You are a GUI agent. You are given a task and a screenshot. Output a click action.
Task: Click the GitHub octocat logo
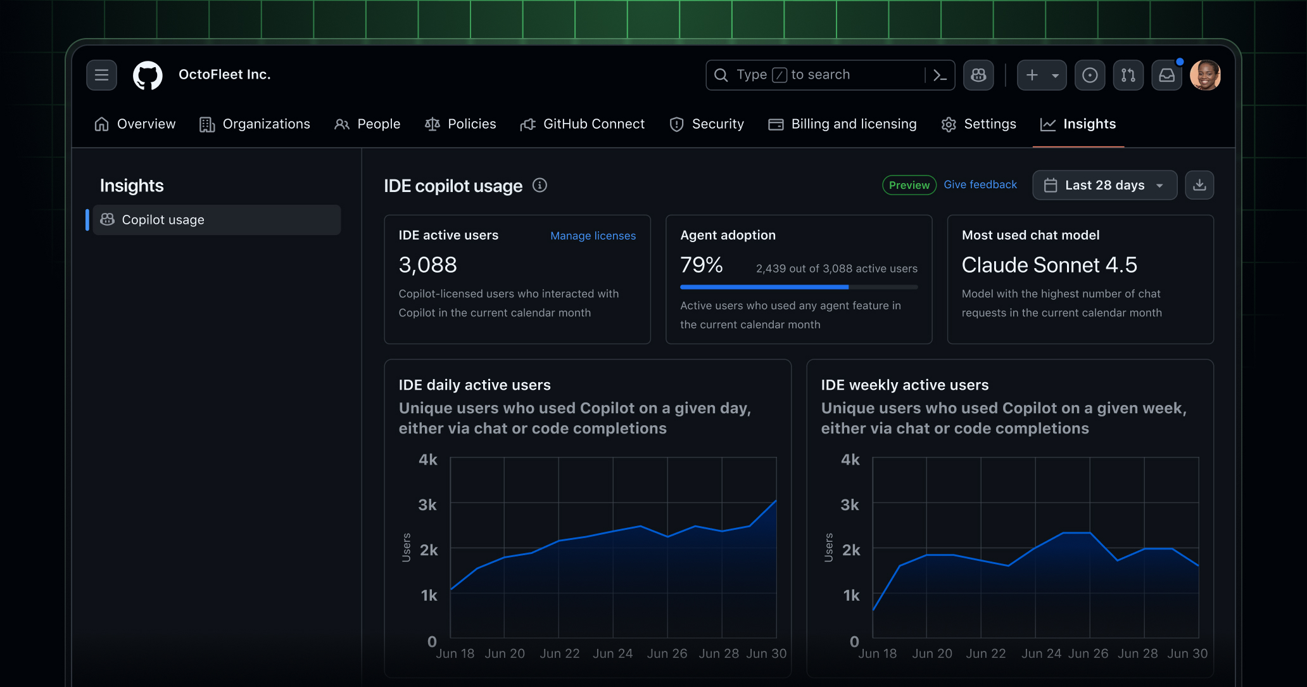(x=148, y=75)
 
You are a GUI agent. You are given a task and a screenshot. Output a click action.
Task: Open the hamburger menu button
(x=101, y=75)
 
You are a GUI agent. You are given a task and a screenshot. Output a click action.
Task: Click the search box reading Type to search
(x=817, y=75)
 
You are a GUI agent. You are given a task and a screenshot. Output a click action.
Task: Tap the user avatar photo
(x=1204, y=75)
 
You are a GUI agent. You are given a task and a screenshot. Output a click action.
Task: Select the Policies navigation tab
(x=460, y=124)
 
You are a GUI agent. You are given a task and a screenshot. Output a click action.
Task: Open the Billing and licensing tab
(x=842, y=124)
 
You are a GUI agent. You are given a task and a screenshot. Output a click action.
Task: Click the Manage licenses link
(x=593, y=236)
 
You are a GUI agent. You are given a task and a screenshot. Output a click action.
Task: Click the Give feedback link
(x=980, y=184)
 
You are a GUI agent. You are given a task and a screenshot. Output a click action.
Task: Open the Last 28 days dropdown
(x=1104, y=185)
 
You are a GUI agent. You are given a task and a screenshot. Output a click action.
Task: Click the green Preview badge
(x=909, y=185)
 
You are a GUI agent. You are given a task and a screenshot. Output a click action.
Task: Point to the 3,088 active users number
(x=428, y=265)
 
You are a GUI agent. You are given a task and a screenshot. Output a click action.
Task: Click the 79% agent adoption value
(x=702, y=265)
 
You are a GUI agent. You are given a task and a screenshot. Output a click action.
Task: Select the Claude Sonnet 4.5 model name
(x=1049, y=265)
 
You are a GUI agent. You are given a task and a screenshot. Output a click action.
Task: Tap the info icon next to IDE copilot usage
(x=540, y=185)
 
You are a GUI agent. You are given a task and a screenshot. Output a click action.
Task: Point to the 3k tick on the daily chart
(x=427, y=505)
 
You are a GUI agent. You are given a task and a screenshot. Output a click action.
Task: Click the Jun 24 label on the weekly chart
(x=1041, y=653)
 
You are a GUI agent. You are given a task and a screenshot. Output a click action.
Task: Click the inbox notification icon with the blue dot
(x=1166, y=75)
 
